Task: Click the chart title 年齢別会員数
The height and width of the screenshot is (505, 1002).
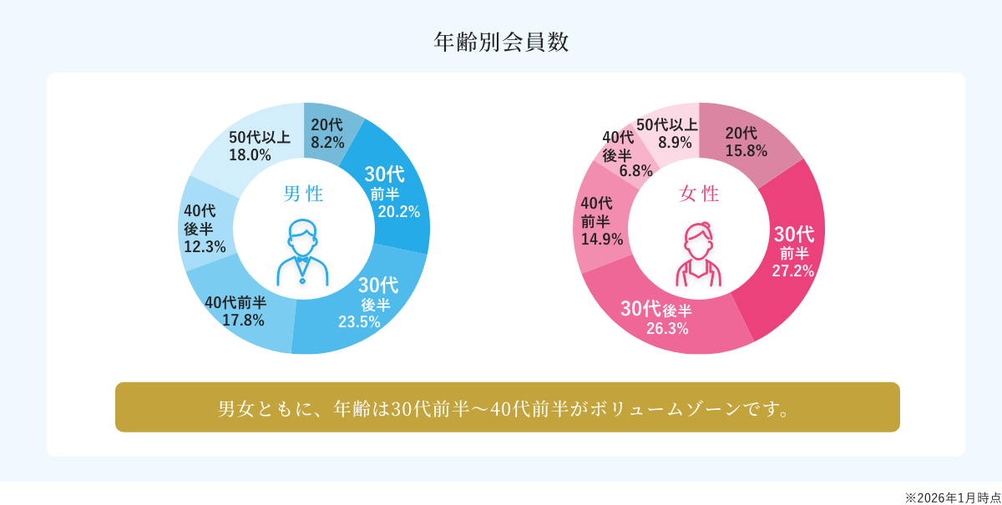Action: point(501,42)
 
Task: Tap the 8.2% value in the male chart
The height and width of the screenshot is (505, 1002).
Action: point(327,143)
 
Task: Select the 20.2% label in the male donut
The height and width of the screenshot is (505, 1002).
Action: point(398,212)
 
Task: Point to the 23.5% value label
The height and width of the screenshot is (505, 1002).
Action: point(359,322)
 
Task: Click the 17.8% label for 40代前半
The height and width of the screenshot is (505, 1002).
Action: point(243,321)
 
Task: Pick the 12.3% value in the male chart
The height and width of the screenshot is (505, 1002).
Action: point(205,247)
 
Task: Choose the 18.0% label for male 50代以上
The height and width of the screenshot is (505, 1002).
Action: point(250,155)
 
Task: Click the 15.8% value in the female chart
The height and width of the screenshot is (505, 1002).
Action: point(746,151)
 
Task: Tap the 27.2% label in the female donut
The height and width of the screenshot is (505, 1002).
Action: point(792,270)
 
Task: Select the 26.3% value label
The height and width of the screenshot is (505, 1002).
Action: point(667,329)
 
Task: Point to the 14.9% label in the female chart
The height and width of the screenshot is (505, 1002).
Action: point(602,240)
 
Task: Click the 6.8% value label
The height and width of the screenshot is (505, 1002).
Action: point(635,171)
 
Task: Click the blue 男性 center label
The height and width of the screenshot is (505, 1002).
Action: point(303,194)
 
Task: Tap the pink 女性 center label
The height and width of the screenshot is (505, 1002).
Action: point(699,194)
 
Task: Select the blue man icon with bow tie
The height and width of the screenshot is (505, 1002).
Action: point(303,252)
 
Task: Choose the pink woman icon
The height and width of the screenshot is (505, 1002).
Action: point(699,254)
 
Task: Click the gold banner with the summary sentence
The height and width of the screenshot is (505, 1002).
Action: point(507,407)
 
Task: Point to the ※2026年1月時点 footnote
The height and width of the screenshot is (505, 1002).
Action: point(953,497)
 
